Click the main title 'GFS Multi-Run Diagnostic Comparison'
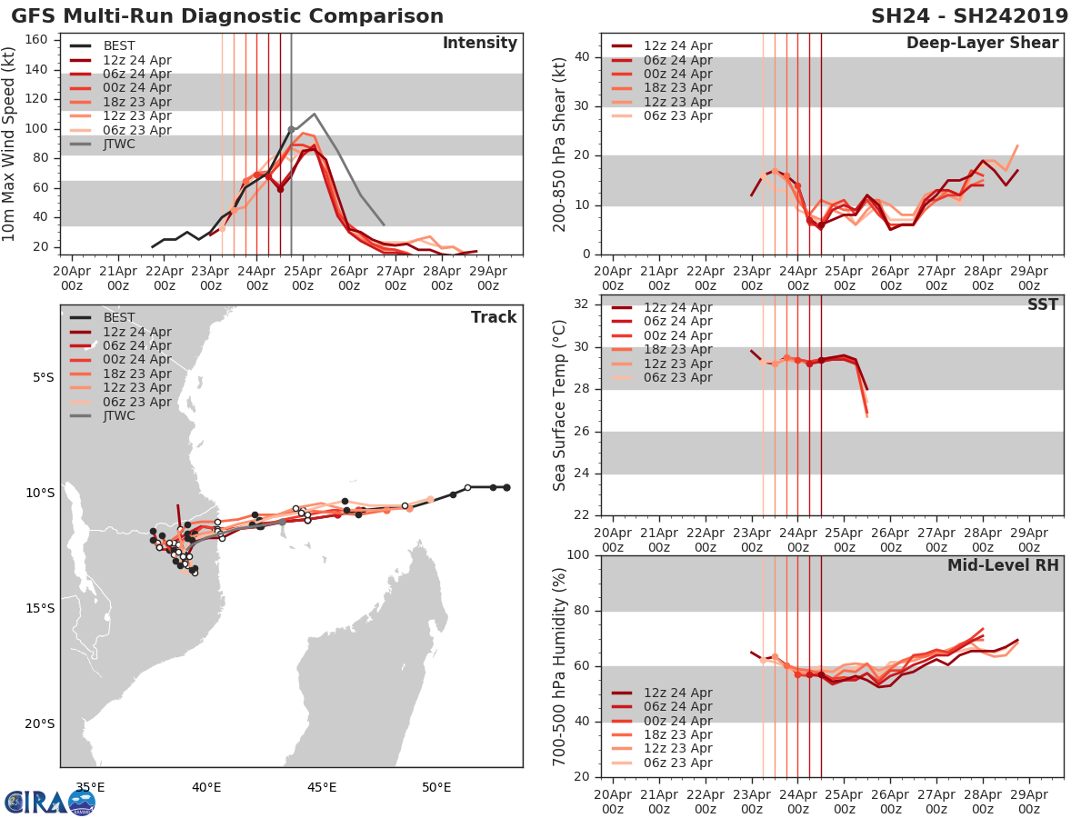227,16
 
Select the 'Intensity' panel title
479,44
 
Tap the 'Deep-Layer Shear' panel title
982,44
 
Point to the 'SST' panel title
1042,304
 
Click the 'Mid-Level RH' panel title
1003,565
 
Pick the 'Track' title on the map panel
494,317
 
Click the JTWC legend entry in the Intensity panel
119,144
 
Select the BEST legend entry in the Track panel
119,317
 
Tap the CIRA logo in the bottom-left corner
49,802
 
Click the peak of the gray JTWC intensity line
314,115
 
